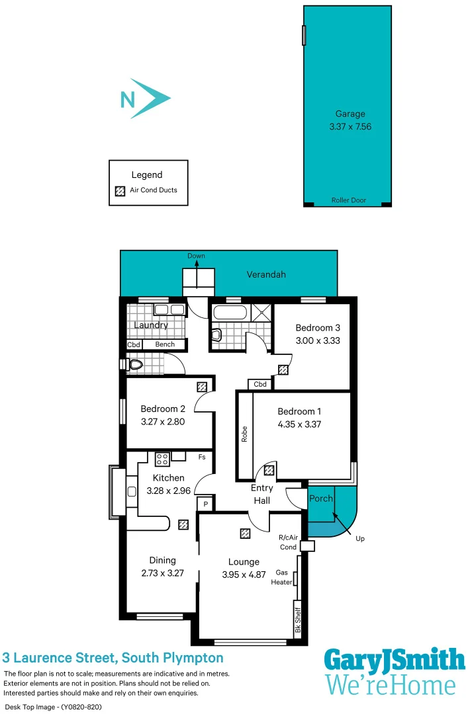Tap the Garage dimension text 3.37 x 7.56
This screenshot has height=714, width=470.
(x=350, y=126)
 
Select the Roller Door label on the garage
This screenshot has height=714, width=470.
(x=348, y=200)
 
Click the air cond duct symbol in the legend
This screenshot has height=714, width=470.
(x=120, y=190)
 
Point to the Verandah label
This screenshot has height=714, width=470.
(x=266, y=274)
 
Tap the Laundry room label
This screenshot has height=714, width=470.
(x=151, y=325)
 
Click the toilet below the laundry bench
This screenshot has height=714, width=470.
(x=136, y=364)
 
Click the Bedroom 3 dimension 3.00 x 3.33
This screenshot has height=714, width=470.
(x=318, y=341)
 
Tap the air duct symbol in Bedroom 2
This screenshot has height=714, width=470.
(x=201, y=387)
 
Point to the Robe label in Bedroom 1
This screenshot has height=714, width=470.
(x=244, y=434)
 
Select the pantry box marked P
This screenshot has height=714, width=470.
(x=205, y=504)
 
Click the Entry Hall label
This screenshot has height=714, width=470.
(x=261, y=495)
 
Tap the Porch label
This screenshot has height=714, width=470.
(x=321, y=498)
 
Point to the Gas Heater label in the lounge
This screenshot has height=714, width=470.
(x=281, y=577)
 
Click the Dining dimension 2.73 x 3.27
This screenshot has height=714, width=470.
(x=162, y=574)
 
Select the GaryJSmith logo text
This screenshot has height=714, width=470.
(x=394, y=660)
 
